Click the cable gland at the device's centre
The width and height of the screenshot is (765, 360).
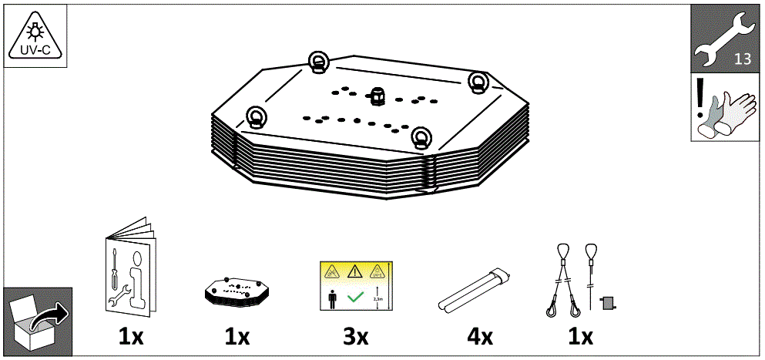[377, 96]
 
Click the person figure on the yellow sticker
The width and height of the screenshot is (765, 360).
[333, 296]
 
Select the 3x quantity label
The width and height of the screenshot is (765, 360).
[354, 336]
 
